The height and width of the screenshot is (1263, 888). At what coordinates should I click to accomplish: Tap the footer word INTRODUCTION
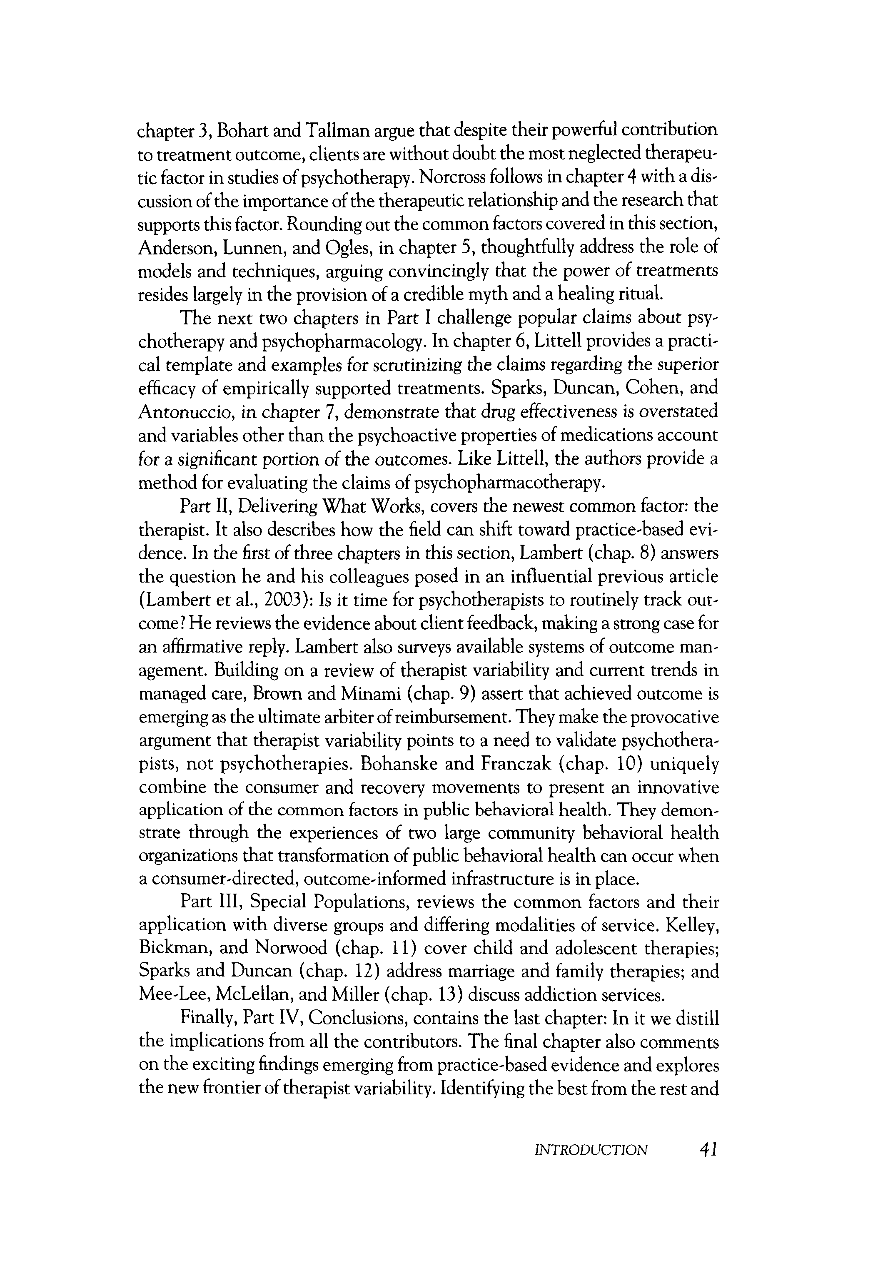[591, 1150]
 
